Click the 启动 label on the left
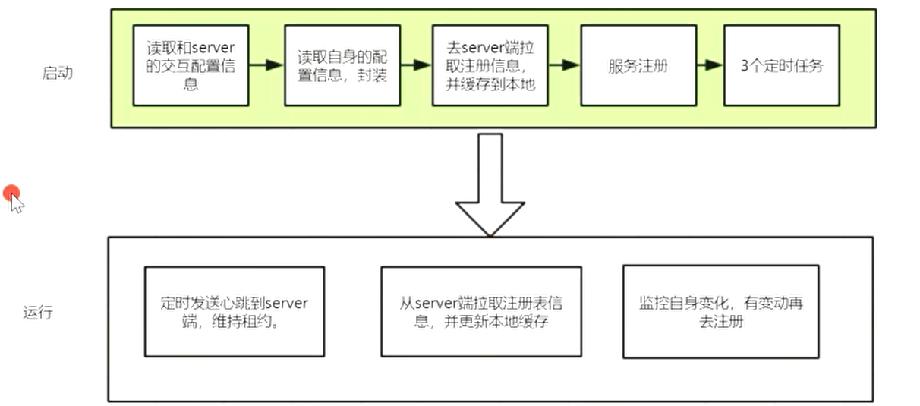tap(58, 74)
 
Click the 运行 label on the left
tap(38, 312)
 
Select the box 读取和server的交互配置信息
tap(191, 65)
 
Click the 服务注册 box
tap(638, 65)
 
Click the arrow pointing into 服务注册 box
tap(564, 65)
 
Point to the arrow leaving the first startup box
tap(266, 65)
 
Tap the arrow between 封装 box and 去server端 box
tap(415, 65)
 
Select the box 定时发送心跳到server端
tap(234, 311)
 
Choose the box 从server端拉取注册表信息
tap(481, 311)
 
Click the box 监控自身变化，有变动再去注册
tap(720, 311)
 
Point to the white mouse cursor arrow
tap(17, 203)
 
